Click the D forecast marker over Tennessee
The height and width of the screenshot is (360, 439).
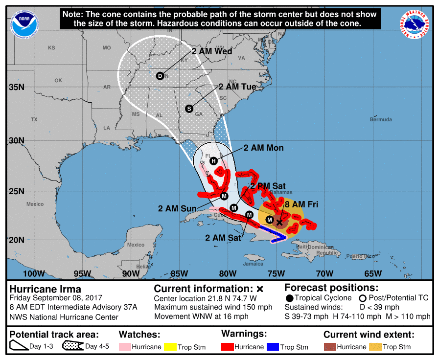coord(160,76)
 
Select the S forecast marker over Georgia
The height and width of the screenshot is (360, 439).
coord(189,109)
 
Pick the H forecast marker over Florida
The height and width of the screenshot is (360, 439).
coord(213,161)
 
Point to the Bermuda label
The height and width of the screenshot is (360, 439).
coord(380,119)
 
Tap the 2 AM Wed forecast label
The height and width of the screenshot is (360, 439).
coord(211,51)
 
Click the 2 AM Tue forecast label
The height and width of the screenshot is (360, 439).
coord(237,87)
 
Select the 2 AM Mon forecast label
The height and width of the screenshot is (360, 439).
coord(263,148)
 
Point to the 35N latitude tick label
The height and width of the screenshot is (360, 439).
coord(16,87)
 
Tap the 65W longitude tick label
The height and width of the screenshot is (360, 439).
coord(372,273)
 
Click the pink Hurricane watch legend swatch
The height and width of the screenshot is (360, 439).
coord(128,347)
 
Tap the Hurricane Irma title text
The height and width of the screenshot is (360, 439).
coord(46,289)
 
